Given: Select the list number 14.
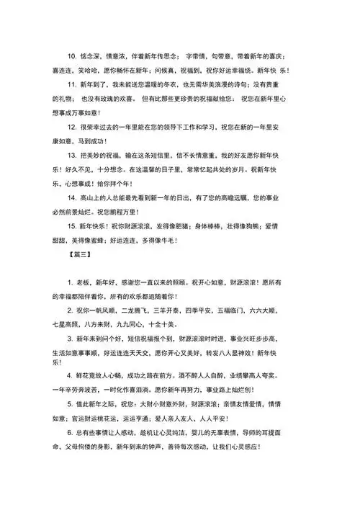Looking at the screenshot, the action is coord(71,196).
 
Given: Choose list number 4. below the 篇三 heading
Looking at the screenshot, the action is coord(68,375).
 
